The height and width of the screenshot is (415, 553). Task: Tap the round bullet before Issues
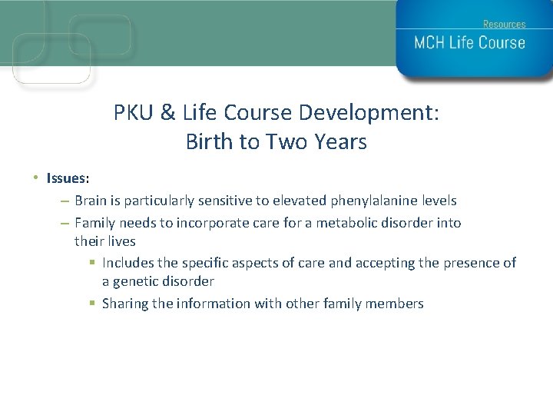click(36, 178)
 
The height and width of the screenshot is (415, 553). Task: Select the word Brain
click(93, 201)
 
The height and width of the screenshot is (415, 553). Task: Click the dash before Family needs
click(65, 223)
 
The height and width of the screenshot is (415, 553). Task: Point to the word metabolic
click(349, 223)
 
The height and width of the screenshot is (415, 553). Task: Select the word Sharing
click(126, 304)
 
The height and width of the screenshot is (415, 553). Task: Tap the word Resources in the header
click(504, 25)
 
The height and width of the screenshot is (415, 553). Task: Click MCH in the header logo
click(430, 43)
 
